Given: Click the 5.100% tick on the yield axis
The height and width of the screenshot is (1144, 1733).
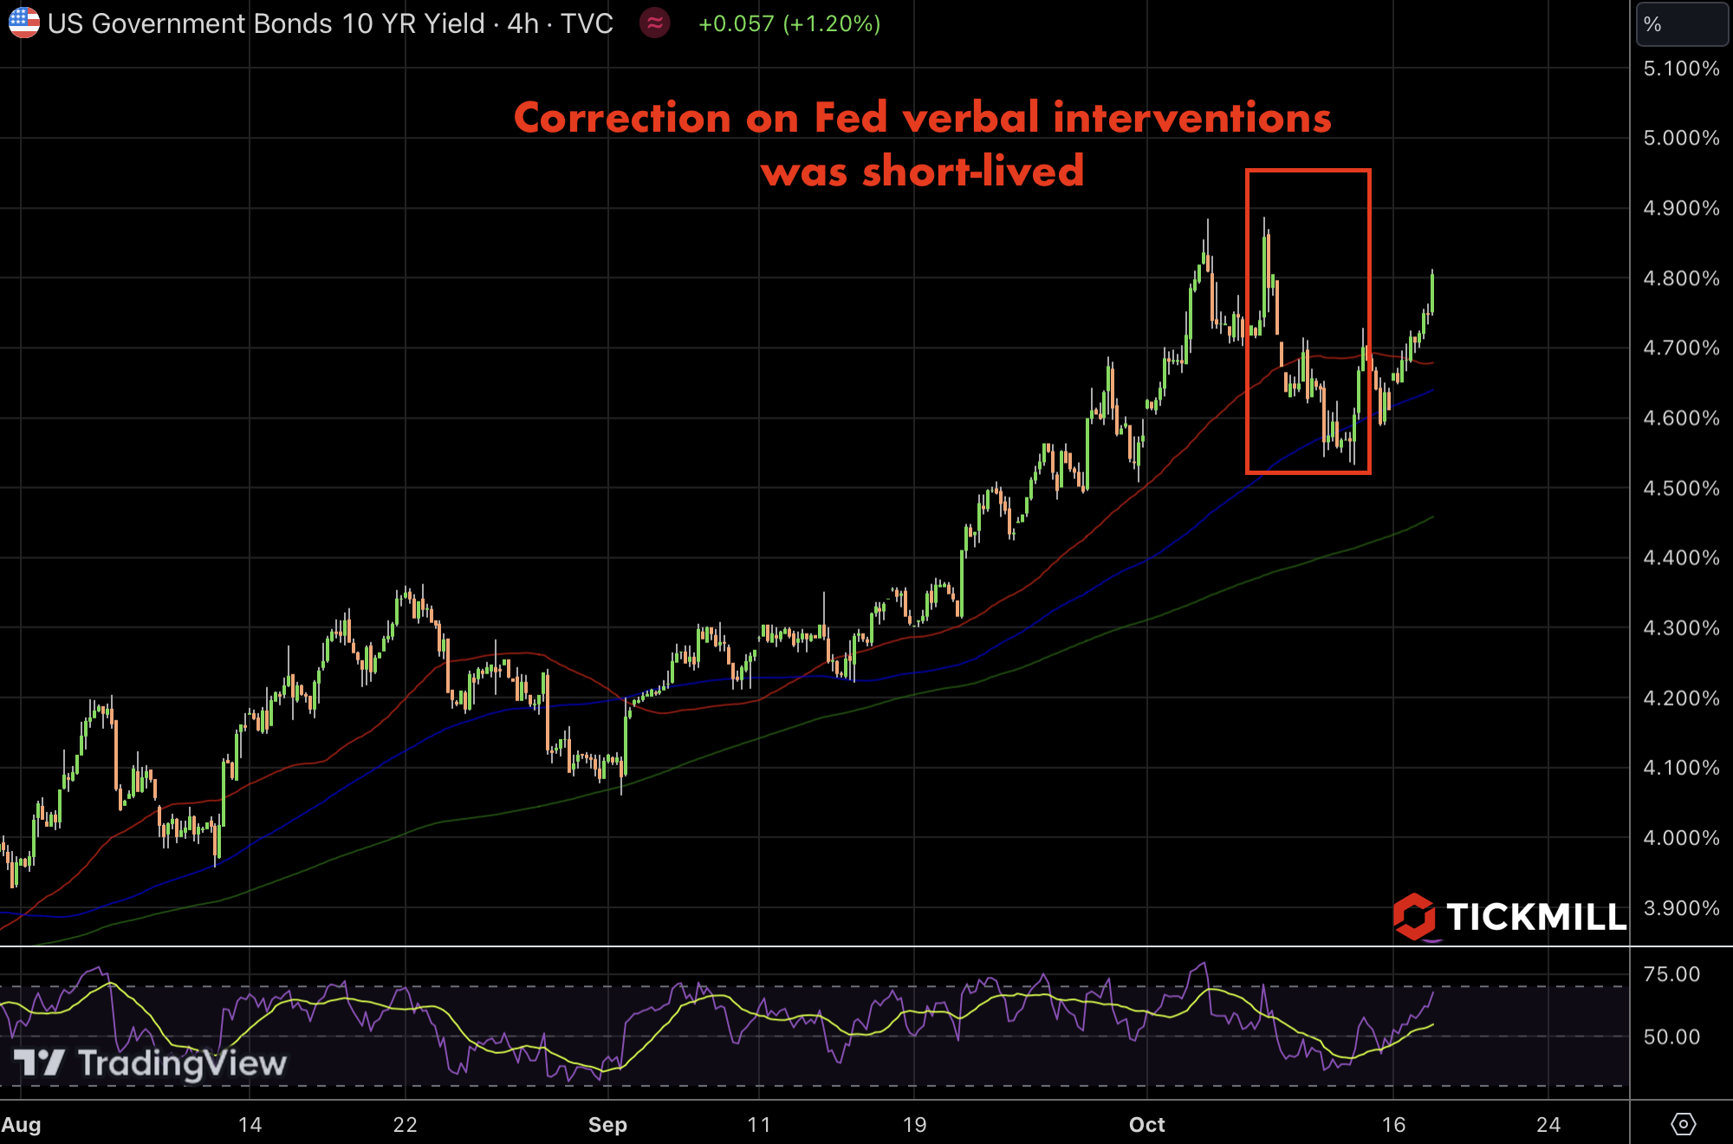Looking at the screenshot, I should click(1680, 68).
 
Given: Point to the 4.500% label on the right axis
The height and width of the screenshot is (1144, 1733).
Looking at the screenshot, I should click(1680, 488).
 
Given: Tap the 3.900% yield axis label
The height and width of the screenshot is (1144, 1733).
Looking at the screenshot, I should click(1680, 907).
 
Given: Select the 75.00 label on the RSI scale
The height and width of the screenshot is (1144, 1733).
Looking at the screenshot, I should click(1671, 973).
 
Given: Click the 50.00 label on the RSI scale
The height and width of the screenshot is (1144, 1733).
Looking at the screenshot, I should click(1671, 1037).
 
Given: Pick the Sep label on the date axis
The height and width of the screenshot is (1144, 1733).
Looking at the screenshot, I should click(607, 1124).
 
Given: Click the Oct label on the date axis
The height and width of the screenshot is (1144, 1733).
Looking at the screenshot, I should click(1146, 1124).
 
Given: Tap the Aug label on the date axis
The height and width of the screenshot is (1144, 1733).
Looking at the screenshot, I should click(21, 1124).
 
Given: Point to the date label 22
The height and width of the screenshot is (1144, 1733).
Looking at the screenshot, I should click(405, 1124).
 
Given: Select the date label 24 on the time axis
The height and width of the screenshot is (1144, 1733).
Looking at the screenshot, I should click(1548, 1124).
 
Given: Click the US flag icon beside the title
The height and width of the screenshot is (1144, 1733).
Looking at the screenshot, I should click(23, 23).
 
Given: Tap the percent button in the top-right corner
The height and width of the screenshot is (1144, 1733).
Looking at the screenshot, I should click(1681, 24).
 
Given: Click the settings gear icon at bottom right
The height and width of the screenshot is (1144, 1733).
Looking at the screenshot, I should click(1683, 1124).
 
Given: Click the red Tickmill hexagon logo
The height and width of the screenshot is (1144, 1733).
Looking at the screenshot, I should click(1414, 916).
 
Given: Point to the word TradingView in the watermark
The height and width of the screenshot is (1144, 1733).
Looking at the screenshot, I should click(182, 1063).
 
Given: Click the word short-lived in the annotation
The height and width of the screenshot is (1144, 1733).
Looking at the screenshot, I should click(972, 171).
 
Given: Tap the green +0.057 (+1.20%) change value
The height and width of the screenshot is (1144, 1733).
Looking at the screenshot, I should click(789, 23).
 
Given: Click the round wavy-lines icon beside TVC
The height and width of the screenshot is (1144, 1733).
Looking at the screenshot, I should click(655, 23).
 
